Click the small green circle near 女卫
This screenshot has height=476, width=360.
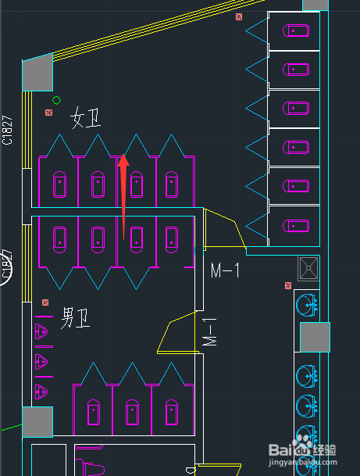[56, 100]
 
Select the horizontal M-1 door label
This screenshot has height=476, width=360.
[226, 270]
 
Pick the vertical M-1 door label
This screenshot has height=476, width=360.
[209, 333]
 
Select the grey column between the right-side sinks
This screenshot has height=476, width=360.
[315, 337]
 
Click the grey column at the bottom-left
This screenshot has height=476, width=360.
[37, 423]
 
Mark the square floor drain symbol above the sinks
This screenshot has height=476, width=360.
[308, 268]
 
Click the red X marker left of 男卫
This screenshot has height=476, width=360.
[45, 302]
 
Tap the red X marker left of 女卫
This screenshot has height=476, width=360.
[48, 113]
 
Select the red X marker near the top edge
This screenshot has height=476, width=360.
[239, 16]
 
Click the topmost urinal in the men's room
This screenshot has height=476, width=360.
[42, 333]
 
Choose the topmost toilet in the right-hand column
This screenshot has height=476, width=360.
[294, 31]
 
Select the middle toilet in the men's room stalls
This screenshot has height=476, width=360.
[132, 410]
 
